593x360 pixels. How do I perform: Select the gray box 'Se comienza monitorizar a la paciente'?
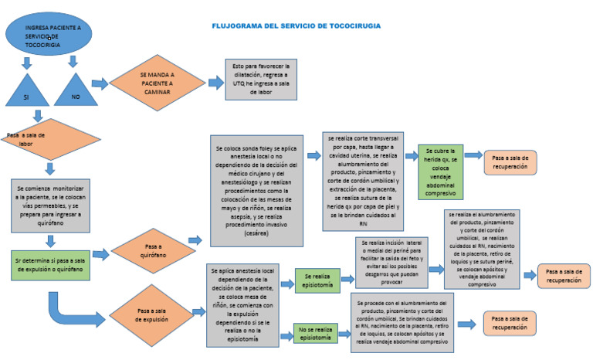tap(49, 205)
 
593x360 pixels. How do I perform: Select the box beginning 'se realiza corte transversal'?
tap(362, 181)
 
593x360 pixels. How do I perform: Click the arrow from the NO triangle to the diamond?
tap(100, 83)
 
